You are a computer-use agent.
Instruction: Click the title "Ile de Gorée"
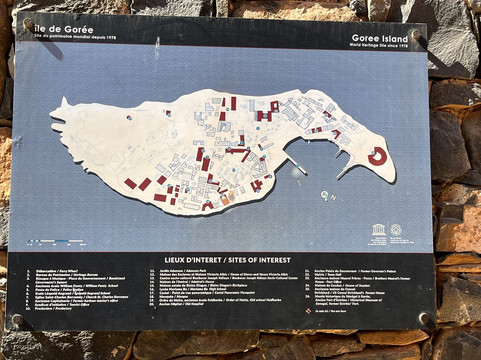(x=59, y=33)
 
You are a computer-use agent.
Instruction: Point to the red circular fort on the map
(x=377, y=155)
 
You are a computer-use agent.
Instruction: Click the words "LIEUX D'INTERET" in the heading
(x=192, y=258)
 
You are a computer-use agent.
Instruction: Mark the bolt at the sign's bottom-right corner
(x=424, y=319)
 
